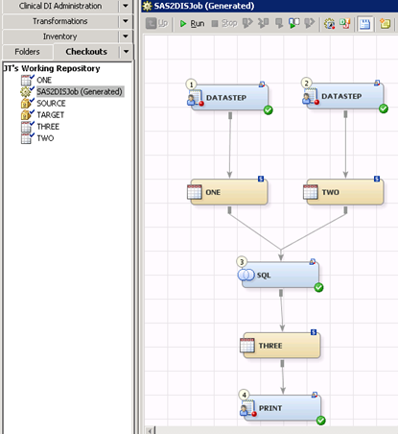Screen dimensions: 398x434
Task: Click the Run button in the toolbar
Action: pos(192,23)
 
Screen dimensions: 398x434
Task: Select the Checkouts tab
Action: pos(86,52)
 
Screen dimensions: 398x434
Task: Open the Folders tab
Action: pos(27,52)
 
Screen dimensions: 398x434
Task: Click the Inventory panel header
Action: pos(60,36)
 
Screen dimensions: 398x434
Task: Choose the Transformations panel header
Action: pos(60,21)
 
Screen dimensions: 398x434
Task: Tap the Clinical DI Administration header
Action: pos(60,6)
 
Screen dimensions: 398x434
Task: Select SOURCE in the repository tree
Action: pos(51,104)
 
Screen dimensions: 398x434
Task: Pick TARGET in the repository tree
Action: pos(50,115)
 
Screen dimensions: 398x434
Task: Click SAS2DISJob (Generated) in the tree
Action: pos(80,92)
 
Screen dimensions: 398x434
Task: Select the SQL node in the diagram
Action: pos(280,275)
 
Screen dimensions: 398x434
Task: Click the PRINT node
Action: pos(282,408)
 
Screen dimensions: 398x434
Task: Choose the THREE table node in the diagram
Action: pos(281,346)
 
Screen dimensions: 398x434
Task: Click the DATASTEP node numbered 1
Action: pos(229,97)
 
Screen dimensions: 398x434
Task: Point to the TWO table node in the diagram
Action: pos(344,192)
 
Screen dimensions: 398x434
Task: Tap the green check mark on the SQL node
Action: pos(318,287)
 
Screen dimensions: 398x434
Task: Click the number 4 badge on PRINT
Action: pos(245,395)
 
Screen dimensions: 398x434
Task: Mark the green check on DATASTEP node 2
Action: pos(384,108)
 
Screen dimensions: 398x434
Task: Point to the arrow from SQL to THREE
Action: pos(282,311)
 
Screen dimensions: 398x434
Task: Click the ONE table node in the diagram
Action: pos(228,192)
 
